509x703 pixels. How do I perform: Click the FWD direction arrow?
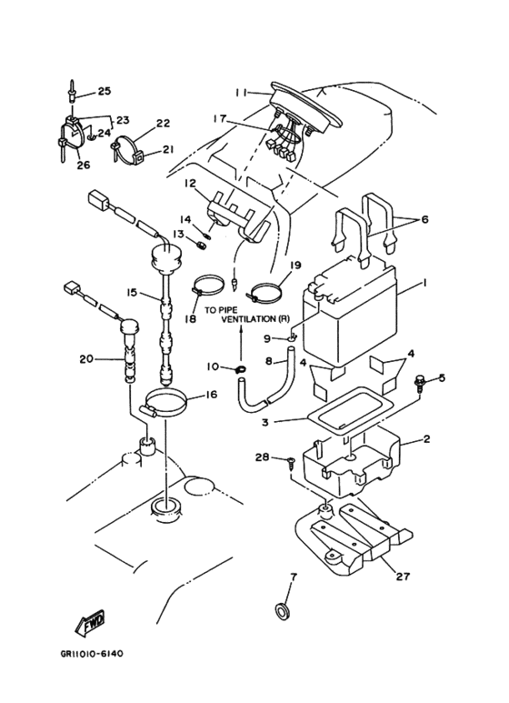pos(90,623)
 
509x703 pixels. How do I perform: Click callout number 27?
pos(403,576)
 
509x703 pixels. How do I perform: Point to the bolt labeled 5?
pos(421,383)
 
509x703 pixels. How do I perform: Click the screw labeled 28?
pos(291,462)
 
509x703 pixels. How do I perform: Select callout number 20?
pos(86,359)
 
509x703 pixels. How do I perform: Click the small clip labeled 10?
pos(240,369)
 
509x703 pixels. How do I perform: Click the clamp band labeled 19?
pos(265,292)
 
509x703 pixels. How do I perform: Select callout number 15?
pos(131,293)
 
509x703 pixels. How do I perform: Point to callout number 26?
pos(84,165)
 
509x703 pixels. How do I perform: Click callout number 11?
pos(241,93)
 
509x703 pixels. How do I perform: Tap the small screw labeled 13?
pos(201,245)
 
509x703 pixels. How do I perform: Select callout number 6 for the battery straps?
pos(424,219)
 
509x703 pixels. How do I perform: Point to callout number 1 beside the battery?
pos(424,283)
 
